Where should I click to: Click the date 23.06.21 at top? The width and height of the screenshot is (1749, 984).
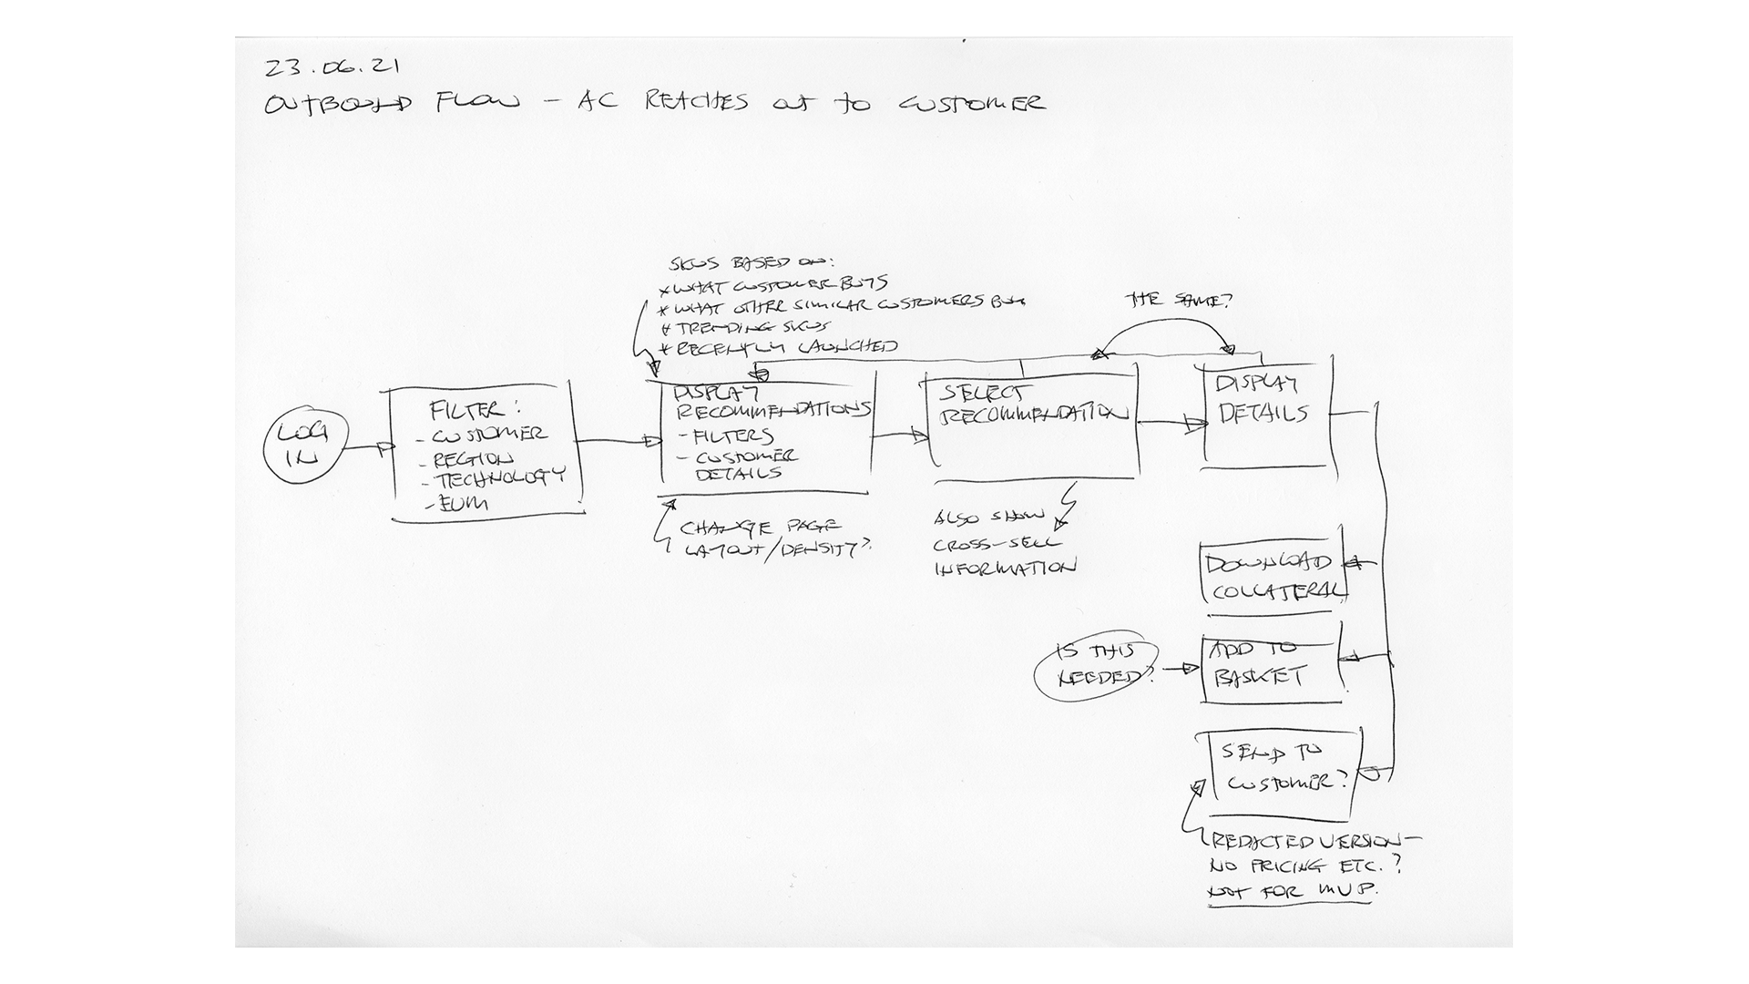click(332, 67)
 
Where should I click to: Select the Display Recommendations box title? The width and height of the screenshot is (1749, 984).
click(771, 401)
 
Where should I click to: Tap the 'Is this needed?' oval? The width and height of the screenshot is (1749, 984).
click(1097, 665)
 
